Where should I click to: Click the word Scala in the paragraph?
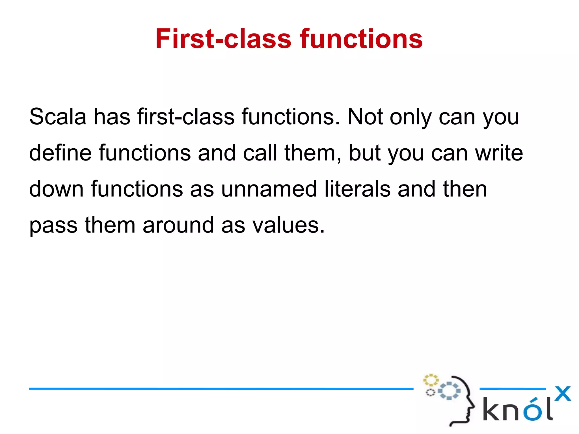click(58, 117)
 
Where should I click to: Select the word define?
click(60, 153)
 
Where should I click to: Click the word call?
click(260, 153)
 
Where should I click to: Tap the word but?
click(365, 153)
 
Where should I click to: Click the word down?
click(56, 189)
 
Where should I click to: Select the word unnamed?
click(269, 189)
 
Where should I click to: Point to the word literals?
click(357, 189)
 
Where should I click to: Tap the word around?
click(178, 225)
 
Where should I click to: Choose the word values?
click(288, 225)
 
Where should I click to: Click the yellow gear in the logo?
click(431, 380)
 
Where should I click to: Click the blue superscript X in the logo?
click(562, 394)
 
